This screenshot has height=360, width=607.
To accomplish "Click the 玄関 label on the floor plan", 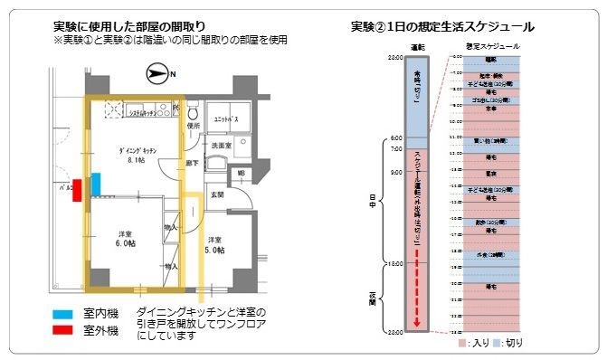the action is (217, 194).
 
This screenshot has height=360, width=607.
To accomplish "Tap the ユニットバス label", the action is (224, 119).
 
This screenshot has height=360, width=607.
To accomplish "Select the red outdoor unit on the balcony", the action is (78, 191).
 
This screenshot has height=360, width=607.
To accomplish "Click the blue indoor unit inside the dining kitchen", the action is (95, 192).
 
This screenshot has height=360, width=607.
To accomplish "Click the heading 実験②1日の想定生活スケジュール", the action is (442, 26).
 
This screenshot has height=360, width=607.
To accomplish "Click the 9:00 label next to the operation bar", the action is (395, 172).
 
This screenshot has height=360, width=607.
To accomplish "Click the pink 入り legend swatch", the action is (461, 344).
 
